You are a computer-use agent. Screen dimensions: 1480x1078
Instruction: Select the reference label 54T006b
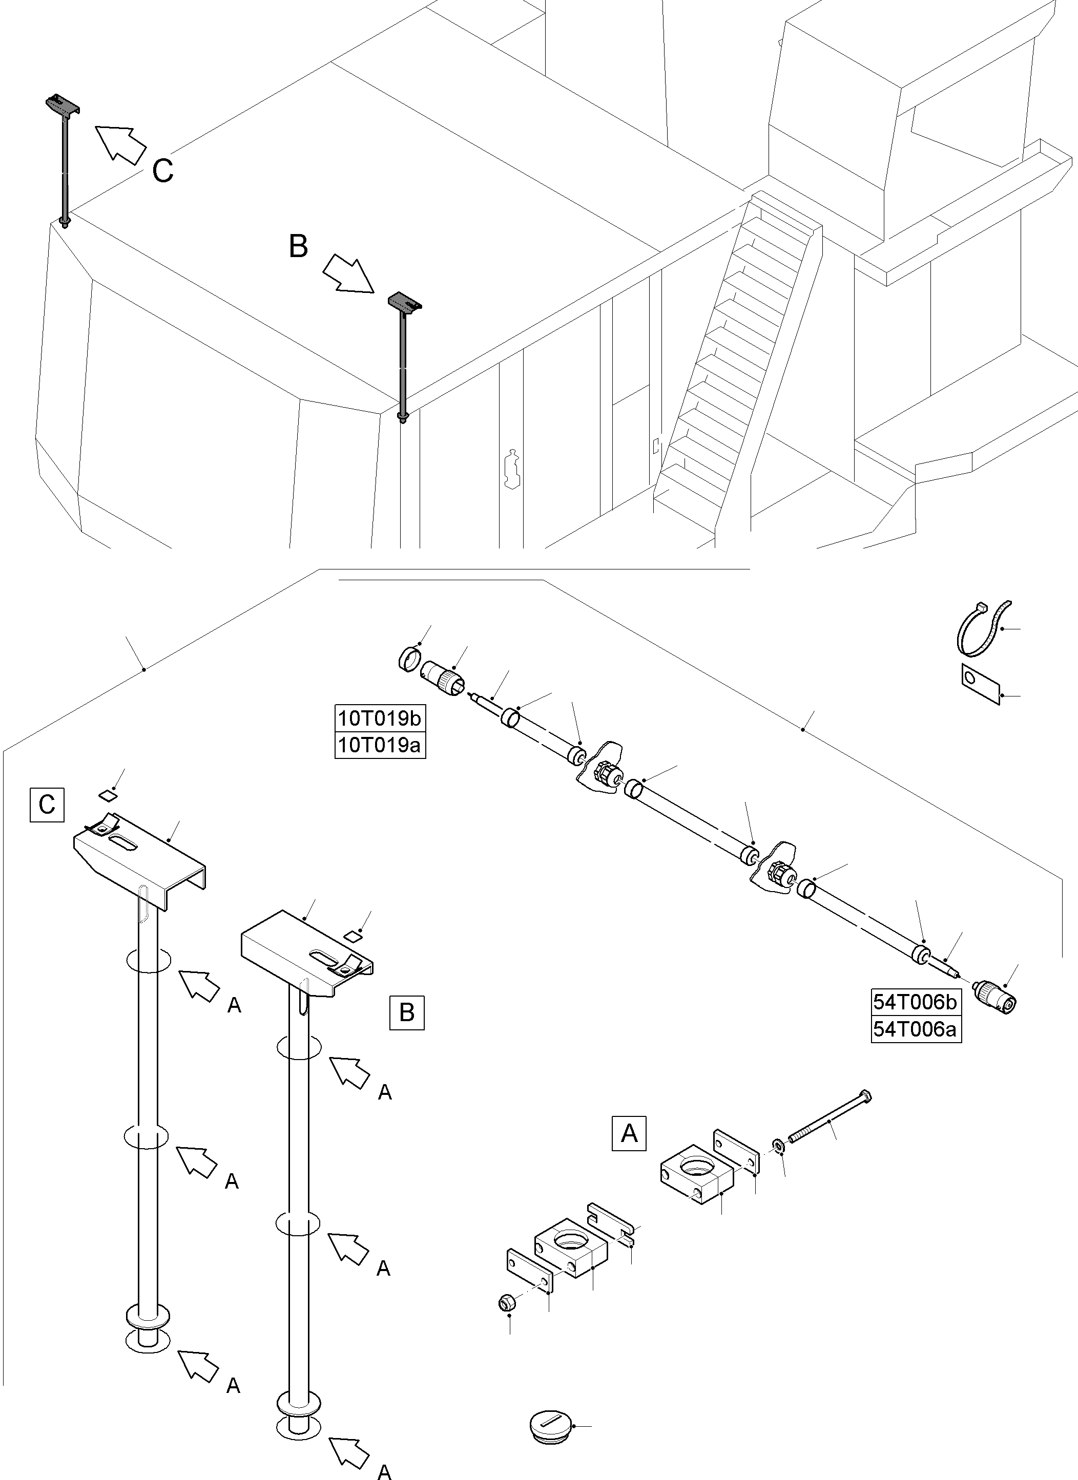(916, 1001)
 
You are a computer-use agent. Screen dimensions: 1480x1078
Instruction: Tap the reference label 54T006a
(916, 1029)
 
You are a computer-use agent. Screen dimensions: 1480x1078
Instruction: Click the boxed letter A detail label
(629, 1133)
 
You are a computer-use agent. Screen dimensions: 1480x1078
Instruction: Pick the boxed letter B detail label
(406, 1012)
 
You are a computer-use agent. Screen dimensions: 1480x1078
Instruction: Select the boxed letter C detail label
(46, 805)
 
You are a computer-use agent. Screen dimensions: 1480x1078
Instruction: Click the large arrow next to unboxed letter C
(121, 143)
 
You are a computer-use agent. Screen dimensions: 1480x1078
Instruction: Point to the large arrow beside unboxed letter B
(348, 273)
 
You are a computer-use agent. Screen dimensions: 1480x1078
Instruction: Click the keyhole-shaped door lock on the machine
(512, 469)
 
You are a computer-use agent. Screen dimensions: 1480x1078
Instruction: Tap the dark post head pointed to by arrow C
(62, 104)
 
